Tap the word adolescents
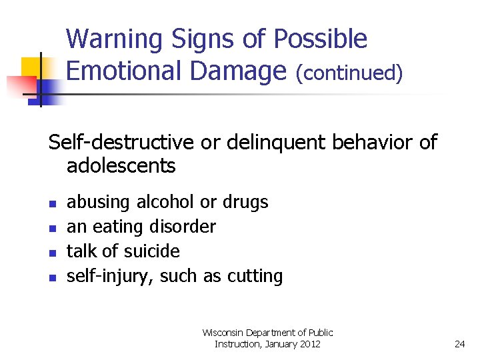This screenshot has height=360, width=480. pyautogui.click(x=121, y=165)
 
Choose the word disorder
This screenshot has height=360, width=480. pyautogui.click(x=186, y=227)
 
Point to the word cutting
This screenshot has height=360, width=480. pyautogui.click(x=256, y=276)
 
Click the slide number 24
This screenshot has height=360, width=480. pyautogui.click(x=459, y=344)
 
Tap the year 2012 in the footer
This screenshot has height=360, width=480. pyautogui.click(x=309, y=344)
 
